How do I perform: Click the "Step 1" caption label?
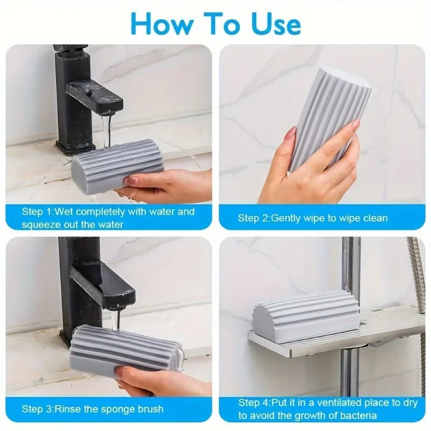38,212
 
